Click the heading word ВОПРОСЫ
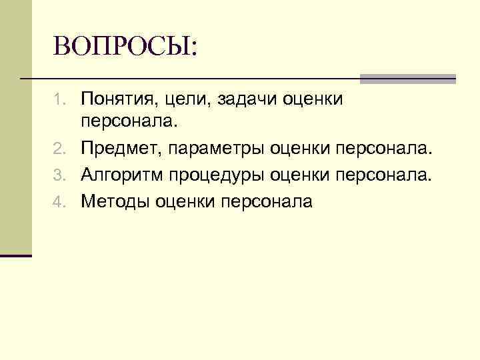(125, 47)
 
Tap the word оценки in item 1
(313, 100)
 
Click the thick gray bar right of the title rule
(407, 79)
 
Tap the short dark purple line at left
(16, 255)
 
